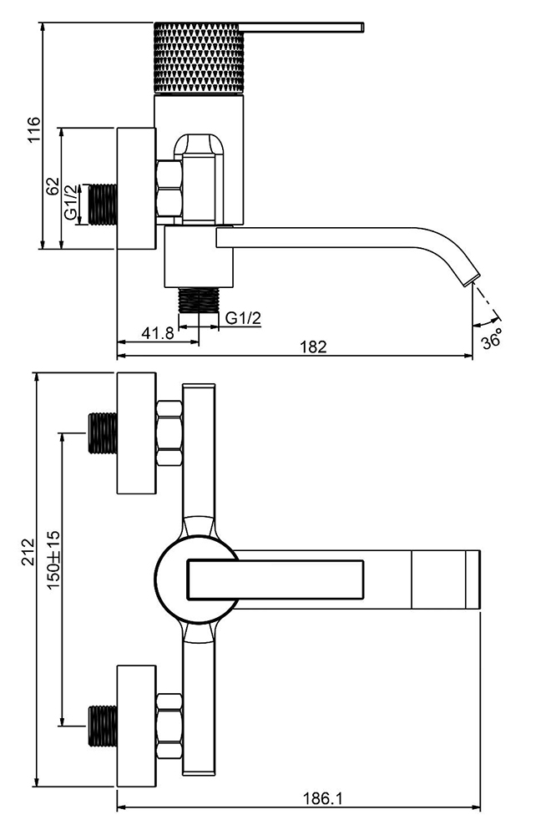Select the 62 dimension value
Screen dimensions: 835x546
pyautogui.click(x=52, y=186)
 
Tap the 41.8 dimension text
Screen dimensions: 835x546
pyautogui.click(x=157, y=332)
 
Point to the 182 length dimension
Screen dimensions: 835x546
pyautogui.click(x=312, y=347)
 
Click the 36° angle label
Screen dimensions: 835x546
pyautogui.click(x=493, y=341)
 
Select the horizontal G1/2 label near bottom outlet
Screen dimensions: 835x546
pyautogui.click(x=244, y=318)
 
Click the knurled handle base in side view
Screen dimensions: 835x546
pyautogui.click(x=198, y=58)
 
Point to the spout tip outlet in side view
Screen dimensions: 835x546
pyautogui.click(x=473, y=276)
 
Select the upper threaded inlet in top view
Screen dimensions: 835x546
pyautogui.click(x=101, y=433)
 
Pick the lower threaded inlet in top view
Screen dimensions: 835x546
pyautogui.click(x=101, y=724)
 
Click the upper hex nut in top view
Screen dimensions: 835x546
pyautogui.click(x=169, y=433)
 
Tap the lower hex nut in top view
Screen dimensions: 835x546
pyautogui.click(x=169, y=724)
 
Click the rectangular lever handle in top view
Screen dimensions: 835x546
pyautogui.click(x=276, y=579)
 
